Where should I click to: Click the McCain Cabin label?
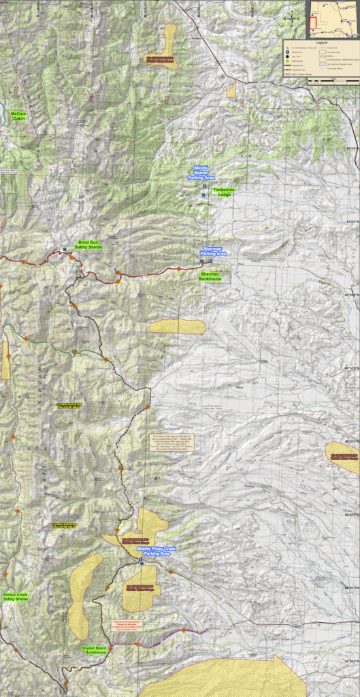(18, 116)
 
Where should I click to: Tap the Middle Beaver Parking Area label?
(201, 172)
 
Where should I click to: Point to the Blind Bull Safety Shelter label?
(88, 244)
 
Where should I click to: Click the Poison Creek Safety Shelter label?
(15, 597)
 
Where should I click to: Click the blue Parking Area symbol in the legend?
(288, 54)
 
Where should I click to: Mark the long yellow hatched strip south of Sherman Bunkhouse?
(177, 327)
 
